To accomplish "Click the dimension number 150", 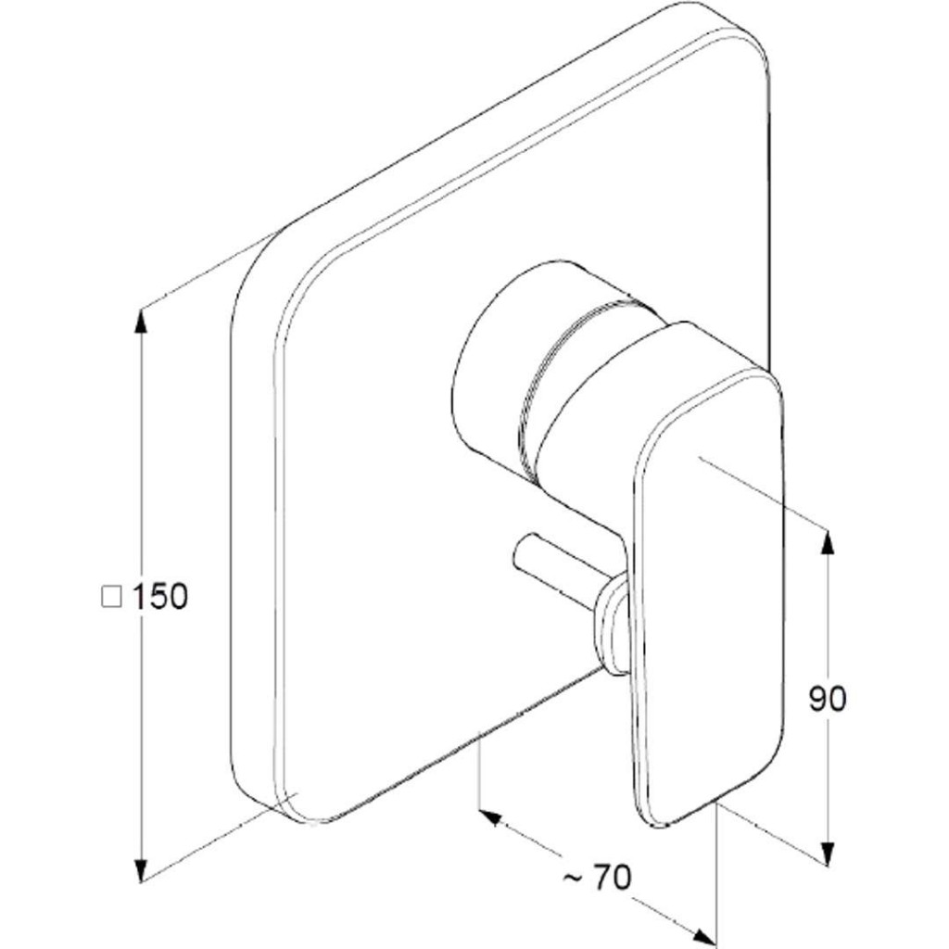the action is click(x=159, y=597).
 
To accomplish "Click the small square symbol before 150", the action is click(x=111, y=597).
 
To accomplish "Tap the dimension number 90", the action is click(x=828, y=700).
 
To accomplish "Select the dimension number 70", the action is click(x=612, y=878).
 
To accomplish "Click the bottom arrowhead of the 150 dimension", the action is click(x=141, y=869).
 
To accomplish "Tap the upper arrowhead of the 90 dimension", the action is click(x=828, y=541).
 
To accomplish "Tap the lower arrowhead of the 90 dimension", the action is click(x=828, y=854).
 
